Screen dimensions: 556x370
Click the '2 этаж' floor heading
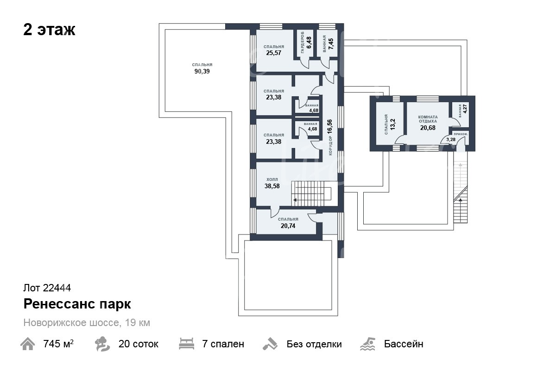coord(49,30)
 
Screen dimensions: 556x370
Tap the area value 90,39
coord(202,71)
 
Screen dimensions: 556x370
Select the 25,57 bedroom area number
coord(274,53)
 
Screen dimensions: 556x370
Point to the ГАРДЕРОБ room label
coord(302,43)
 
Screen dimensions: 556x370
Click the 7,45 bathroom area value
coord(331,44)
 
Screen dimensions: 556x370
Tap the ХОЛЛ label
coord(272,179)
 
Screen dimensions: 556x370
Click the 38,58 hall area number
coord(272,186)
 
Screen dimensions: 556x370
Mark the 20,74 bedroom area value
coord(288,226)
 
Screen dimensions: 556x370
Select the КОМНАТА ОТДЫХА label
coord(428,119)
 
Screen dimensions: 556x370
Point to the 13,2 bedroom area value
coord(393,124)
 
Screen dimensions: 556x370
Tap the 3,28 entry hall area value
coord(451,140)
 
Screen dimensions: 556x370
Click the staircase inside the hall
coord(311,193)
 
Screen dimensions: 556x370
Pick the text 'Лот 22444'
coord(47,288)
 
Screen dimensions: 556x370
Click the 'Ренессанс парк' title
coord(77,304)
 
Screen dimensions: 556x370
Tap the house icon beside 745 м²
coord(27,344)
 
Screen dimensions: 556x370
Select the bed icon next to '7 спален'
coord(186,344)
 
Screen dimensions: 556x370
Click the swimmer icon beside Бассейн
coord(368,344)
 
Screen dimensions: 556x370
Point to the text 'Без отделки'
coord(314,344)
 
